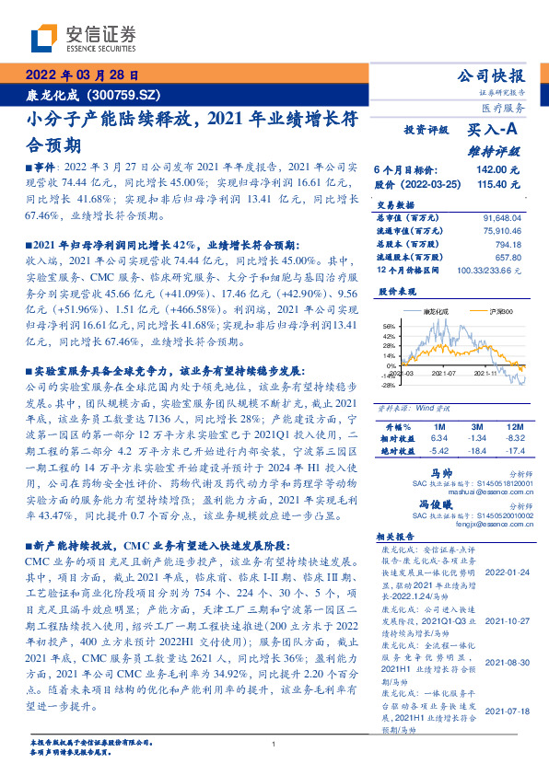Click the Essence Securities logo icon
[x=45, y=39]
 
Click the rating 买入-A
[x=493, y=131]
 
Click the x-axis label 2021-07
[x=444, y=374]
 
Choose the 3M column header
[x=478, y=428]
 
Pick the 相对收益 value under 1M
[x=438, y=439]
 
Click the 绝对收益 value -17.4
[x=515, y=451]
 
